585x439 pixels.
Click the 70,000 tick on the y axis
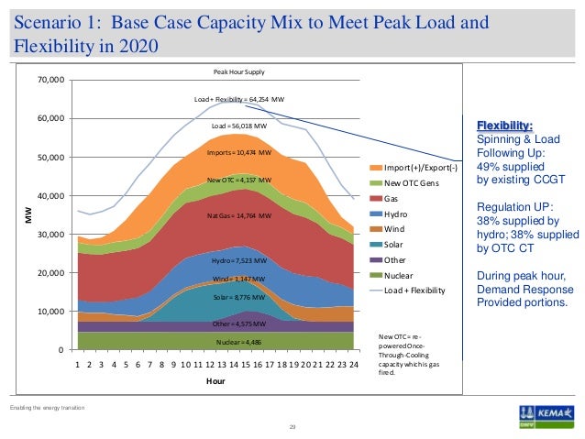pyautogui.click(x=51, y=80)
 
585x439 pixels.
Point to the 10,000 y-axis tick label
pyautogui.click(x=51, y=312)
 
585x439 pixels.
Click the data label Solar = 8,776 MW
pyautogui.click(x=238, y=298)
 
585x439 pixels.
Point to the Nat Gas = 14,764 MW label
pyautogui.click(x=239, y=215)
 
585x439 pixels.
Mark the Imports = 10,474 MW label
pyautogui.click(x=238, y=152)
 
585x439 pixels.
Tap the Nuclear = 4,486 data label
pyautogui.click(x=238, y=342)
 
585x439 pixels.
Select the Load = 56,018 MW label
pyautogui.click(x=238, y=125)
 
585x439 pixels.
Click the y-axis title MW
pyautogui.click(x=26, y=215)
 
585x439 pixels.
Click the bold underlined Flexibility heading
pyautogui.click(x=504, y=126)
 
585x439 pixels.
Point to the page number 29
pyautogui.click(x=292, y=427)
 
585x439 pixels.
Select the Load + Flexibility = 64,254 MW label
pyautogui.click(x=239, y=98)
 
